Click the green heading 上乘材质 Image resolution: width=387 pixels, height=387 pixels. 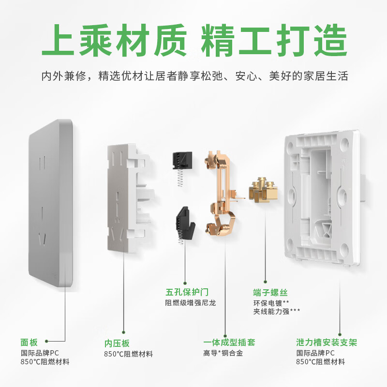click(113, 42)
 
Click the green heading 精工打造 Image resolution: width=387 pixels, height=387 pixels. click(274, 42)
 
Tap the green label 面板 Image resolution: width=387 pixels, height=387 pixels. click(29, 342)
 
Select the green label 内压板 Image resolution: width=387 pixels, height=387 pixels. click(117, 343)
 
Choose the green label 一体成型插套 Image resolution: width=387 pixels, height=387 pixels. click(229, 343)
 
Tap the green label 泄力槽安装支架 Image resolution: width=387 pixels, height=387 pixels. click(327, 343)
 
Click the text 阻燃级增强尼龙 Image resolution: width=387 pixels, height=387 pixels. click(191, 303)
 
